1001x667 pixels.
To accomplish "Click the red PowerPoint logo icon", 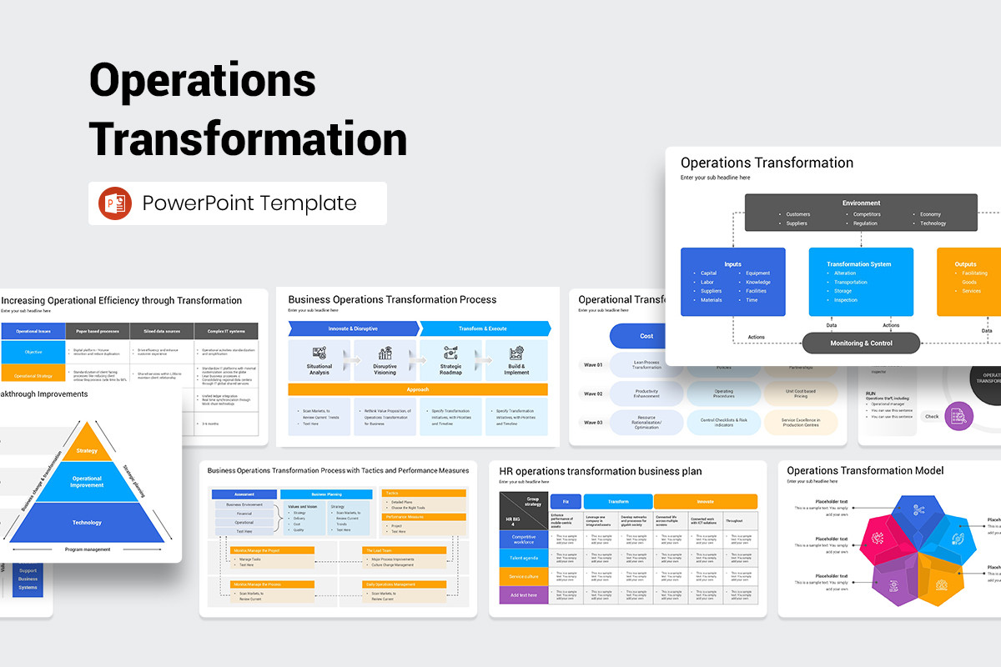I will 115,203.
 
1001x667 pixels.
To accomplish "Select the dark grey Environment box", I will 861,213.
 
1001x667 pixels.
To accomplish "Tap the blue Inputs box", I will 732,282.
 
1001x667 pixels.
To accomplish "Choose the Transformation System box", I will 860,282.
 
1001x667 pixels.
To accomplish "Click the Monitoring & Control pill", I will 861,343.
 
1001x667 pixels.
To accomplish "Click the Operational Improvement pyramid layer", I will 87,482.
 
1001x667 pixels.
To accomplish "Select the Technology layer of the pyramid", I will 87,523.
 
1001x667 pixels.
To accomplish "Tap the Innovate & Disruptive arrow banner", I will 353,328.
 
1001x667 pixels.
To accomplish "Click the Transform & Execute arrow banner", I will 484,328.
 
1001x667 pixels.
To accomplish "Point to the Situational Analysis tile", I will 319,360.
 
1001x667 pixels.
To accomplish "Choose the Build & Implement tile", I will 516,360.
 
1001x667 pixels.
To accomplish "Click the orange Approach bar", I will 418,389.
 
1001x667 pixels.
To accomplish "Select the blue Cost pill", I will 646,336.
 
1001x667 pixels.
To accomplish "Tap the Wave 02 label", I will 592,394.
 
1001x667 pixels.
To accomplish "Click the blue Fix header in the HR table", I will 566,502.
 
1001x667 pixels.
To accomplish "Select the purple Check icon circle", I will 959,416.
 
